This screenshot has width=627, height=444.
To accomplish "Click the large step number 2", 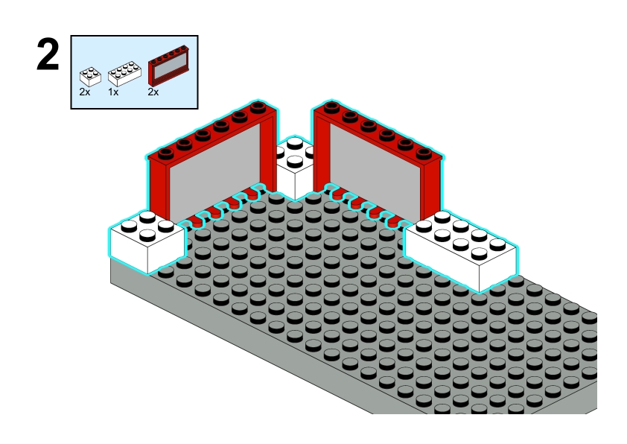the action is point(48,55).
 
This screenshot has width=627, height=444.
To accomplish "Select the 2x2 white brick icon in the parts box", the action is point(90,77).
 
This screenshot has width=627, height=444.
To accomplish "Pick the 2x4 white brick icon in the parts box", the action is point(124,74).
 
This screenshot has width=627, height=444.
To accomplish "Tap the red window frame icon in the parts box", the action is point(168,66).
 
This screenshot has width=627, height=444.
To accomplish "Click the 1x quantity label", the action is point(113,92).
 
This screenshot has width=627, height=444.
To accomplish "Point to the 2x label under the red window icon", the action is point(153,92).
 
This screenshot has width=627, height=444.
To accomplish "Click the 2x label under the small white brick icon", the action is point(85,92).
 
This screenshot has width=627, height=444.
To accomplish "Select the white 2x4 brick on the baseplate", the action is point(461,251).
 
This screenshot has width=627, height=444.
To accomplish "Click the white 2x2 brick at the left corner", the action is point(147,241).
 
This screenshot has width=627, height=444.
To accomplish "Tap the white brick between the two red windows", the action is point(295,168).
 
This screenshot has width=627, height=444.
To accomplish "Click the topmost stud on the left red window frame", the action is point(258,107).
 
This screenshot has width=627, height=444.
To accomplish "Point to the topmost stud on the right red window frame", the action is point(331,107).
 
